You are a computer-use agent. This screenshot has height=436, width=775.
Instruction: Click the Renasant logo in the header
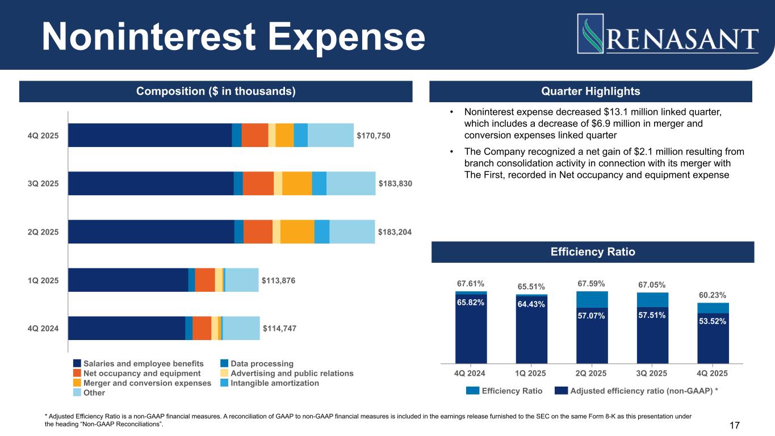click(x=668, y=34)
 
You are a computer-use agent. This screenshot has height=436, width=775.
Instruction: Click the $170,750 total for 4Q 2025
click(x=374, y=135)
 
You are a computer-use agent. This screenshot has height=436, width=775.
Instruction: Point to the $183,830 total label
click(x=395, y=183)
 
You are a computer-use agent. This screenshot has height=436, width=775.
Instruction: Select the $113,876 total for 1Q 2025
click(x=279, y=280)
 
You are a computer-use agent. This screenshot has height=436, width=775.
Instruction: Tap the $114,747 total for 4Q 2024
click(x=279, y=328)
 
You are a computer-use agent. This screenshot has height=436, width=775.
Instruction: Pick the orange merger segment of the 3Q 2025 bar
click(x=297, y=183)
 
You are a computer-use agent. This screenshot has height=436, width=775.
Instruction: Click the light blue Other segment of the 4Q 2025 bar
click(x=330, y=135)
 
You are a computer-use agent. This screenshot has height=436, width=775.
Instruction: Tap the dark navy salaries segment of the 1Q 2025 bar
click(x=128, y=280)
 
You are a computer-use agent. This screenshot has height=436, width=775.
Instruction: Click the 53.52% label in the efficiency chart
click(x=713, y=321)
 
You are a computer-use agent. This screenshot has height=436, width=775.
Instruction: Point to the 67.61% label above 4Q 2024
click(x=471, y=283)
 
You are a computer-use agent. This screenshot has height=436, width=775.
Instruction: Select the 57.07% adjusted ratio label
click(x=592, y=315)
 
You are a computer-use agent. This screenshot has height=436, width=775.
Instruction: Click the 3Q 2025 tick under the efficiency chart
click(x=652, y=374)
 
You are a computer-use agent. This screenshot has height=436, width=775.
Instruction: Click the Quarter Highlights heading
click(x=591, y=91)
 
